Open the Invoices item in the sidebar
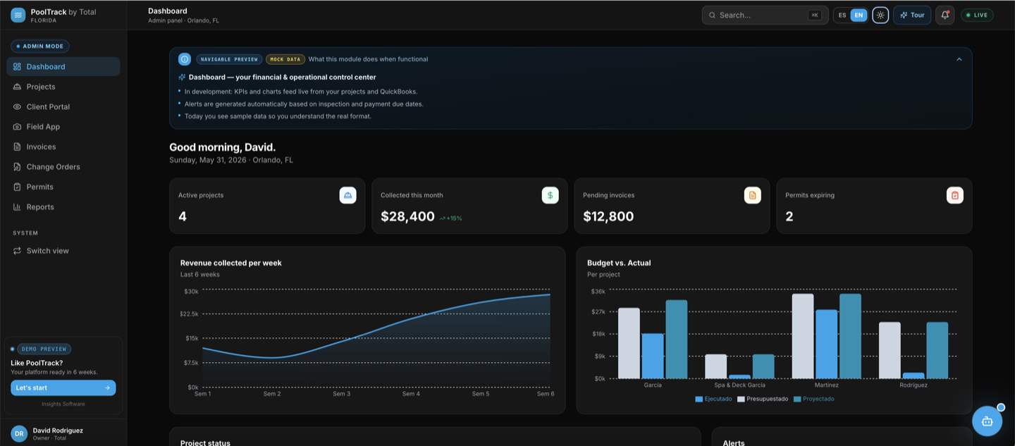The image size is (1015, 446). pyautogui.click(x=41, y=147)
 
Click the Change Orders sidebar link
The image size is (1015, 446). pyautogui.click(x=53, y=166)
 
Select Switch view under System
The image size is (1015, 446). pyautogui.click(x=48, y=251)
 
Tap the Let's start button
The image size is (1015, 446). pyautogui.click(x=63, y=388)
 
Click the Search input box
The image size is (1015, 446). pyautogui.click(x=765, y=15)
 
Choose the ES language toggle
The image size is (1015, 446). pyautogui.click(x=842, y=15)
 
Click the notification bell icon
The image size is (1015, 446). pyautogui.click(x=945, y=15)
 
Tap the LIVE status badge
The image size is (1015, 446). pyautogui.click(x=977, y=15)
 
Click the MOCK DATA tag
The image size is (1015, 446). pyautogui.click(x=285, y=59)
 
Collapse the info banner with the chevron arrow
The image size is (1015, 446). pyautogui.click(x=959, y=59)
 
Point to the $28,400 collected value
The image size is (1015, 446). pyautogui.click(x=407, y=216)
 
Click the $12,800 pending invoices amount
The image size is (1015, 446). pyautogui.click(x=608, y=216)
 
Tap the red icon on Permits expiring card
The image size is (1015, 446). pyautogui.click(x=954, y=195)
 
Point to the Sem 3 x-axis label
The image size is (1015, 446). pyautogui.click(x=342, y=394)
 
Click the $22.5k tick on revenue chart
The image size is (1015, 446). pyautogui.click(x=189, y=314)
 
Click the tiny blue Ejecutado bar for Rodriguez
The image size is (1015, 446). pyautogui.click(x=914, y=376)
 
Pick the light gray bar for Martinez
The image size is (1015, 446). pyautogui.click(x=803, y=336)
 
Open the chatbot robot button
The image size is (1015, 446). pyautogui.click(x=987, y=421)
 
